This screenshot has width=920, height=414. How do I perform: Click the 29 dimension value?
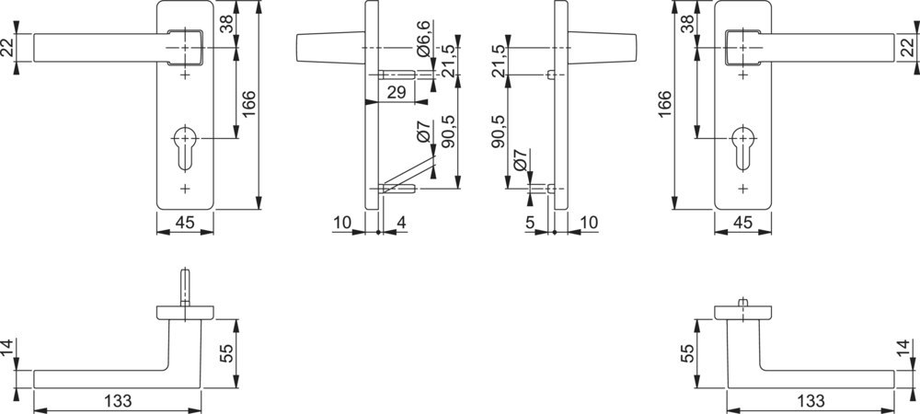tap(397, 92)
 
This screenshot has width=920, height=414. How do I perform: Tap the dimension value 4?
tap(401, 223)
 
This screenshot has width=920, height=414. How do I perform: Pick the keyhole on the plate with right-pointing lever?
tap(742, 147)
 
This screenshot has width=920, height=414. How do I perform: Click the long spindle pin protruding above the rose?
tap(185, 287)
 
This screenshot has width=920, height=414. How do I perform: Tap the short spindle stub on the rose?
tap(742, 303)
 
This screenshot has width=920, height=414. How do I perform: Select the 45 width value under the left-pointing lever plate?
tap(185, 223)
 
